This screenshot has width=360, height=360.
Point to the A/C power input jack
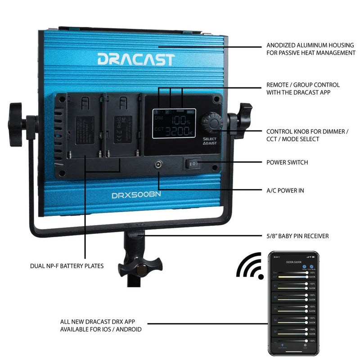pos(159,165)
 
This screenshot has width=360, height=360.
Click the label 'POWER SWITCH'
pos(287,162)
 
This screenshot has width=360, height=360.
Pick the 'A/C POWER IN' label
pos(285,190)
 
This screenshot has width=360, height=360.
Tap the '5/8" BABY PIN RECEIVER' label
pos(297,236)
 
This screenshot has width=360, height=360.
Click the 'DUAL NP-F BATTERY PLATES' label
pos(67,266)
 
